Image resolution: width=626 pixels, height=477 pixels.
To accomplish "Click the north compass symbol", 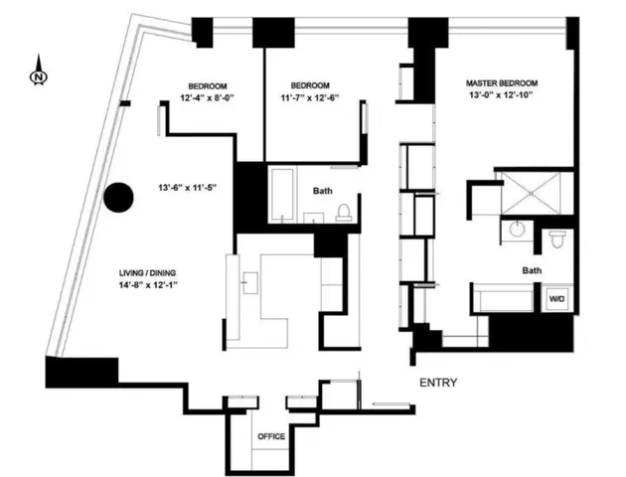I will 37,73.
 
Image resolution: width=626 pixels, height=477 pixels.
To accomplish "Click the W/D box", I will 554,296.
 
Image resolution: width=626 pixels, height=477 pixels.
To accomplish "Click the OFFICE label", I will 271,436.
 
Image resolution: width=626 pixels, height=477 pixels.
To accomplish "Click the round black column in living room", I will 119,198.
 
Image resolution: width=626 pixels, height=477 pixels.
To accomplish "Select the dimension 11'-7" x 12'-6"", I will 315,98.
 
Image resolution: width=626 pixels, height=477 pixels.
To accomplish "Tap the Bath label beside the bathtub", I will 323,190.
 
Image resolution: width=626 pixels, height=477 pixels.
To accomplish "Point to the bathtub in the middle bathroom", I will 281,195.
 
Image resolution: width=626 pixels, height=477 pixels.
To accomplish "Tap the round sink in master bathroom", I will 516,230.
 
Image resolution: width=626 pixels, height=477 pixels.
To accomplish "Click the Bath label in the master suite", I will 532,269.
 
